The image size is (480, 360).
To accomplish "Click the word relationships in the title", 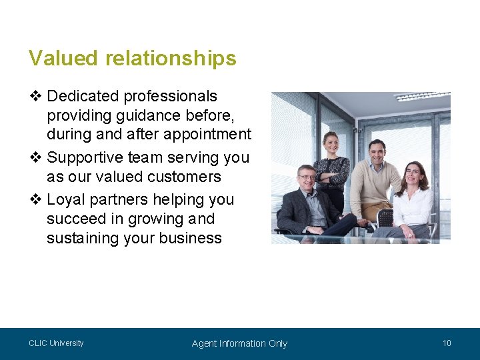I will pyautogui.click(x=171, y=59).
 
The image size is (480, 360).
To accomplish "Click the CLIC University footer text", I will pyautogui.click(x=56, y=343).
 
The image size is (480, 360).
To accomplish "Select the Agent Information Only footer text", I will pyautogui.click(x=239, y=343).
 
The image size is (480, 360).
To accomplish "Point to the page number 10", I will pyautogui.click(x=447, y=343).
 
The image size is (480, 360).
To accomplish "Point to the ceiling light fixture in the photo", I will pyautogui.click(x=422, y=97).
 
